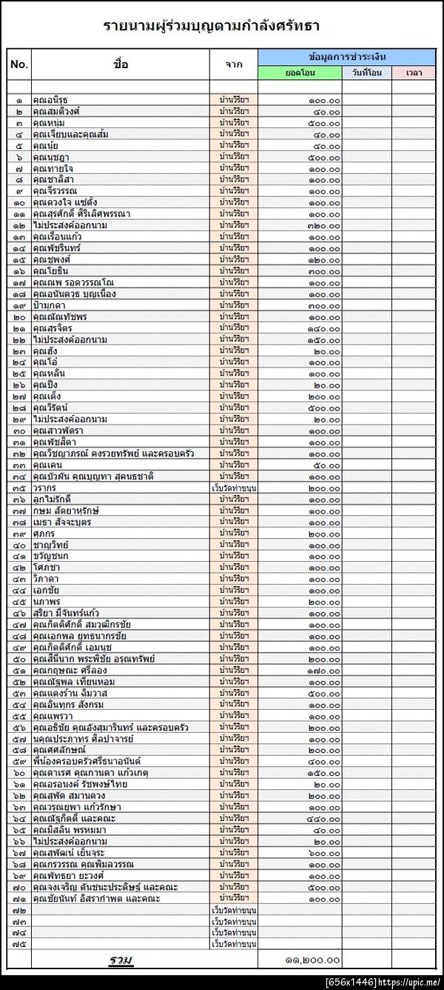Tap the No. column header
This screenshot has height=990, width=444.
click(x=19, y=64)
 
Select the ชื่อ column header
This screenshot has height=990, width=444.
click(x=121, y=64)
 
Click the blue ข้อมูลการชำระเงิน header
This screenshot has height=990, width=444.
click(x=346, y=57)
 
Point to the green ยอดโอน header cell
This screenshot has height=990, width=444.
click(x=300, y=73)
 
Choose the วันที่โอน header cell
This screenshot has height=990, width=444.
click(x=366, y=73)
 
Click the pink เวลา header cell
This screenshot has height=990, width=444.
click(x=414, y=73)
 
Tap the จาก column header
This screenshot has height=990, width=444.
click(x=233, y=64)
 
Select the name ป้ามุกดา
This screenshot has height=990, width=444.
click(x=50, y=305)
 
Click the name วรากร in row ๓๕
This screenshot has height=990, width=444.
click(x=46, y=488)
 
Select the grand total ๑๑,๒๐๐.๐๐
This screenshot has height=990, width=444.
click(x=312, y=960)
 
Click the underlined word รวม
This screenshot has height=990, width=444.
click(x=121, y=960)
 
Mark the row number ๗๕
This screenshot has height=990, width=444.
click(x=19, y=944)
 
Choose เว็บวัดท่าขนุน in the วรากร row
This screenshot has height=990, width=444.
click(x=234, y=488)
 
